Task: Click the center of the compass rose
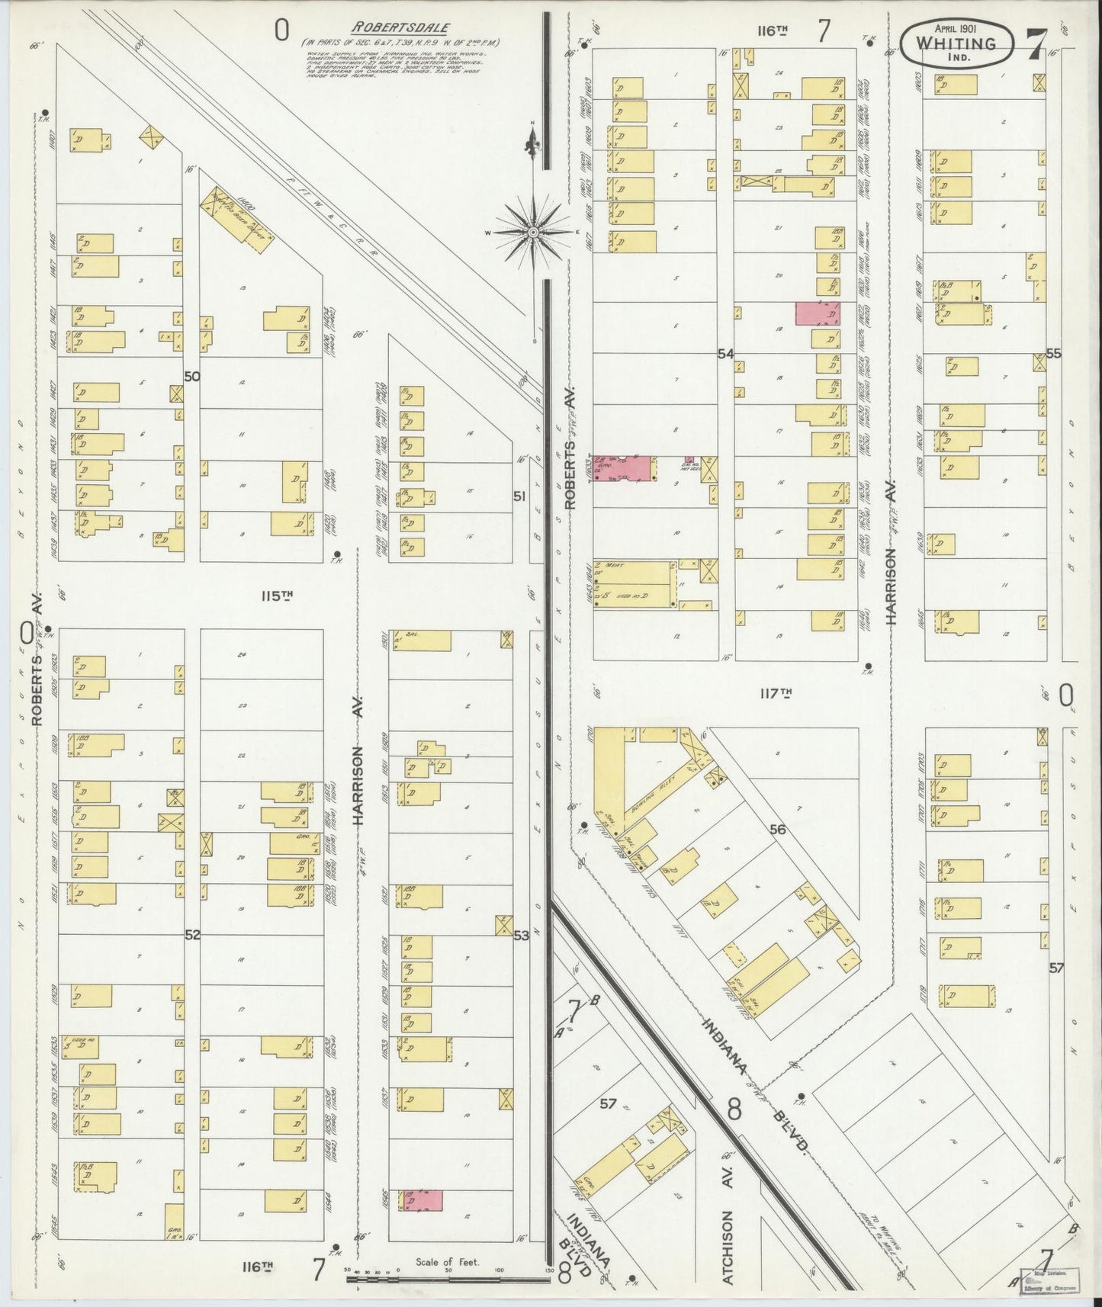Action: pos(534,231)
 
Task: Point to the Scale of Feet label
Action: pos(447,1262)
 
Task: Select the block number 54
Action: pos(724,354)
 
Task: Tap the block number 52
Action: pos(192,934)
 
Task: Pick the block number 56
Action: pos(777,830)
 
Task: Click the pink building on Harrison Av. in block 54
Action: pos(817,313)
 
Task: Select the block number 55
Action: pos(1053,354)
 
